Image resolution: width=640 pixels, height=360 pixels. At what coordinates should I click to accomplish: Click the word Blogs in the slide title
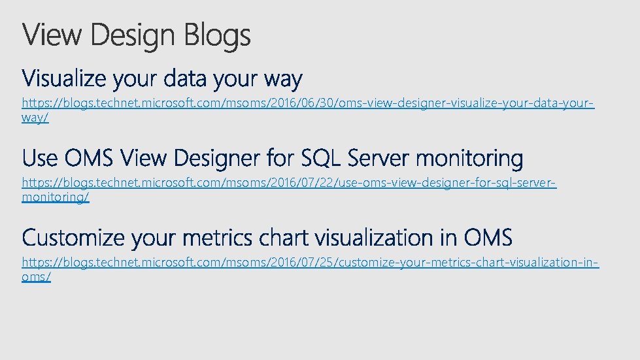(x=217, y=35)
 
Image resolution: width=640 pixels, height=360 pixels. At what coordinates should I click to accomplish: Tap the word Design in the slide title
(x=135, y=35)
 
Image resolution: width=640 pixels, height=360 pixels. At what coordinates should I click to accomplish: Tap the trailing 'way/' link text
(x=35, y=118)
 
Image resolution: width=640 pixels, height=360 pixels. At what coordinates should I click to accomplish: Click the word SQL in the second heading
(x=318, y=159)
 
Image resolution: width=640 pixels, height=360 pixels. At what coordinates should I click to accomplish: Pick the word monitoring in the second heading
(x=469, y=159)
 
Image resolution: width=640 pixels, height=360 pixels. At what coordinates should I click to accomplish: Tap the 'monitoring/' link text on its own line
(x=56, y=197)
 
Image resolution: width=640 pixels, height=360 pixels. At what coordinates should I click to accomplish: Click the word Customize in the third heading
(x=73, y=238)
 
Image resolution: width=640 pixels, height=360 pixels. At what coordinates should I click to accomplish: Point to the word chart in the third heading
(x=284, y=238)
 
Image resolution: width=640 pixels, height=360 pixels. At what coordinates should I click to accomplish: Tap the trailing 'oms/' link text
(x=37, y=276)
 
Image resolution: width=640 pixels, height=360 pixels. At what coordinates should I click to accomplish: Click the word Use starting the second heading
(x=40, y=159)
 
